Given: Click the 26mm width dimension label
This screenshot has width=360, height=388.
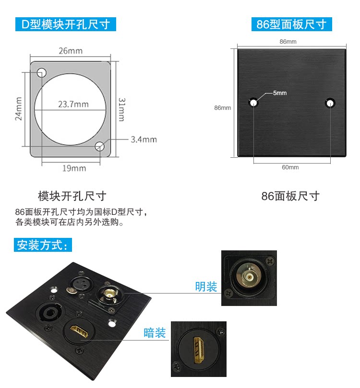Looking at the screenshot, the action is coord(71,51).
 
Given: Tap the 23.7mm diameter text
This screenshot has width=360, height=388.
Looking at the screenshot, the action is coord(73,104).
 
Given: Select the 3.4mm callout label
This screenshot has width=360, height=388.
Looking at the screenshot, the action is coord(144,140).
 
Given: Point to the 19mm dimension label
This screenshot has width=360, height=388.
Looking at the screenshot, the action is coord(74,168).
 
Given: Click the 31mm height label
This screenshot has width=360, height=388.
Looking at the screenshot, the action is coord(122,109).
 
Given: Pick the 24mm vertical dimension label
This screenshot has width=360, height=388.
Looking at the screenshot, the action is coord(19,108).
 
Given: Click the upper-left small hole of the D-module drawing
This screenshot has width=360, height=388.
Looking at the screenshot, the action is coord(42,73).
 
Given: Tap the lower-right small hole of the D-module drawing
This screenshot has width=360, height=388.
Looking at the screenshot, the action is coord(99,146).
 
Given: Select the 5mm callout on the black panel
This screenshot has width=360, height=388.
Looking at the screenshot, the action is coord(280,93).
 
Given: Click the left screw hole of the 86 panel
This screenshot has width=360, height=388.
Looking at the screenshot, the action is coord(253,103).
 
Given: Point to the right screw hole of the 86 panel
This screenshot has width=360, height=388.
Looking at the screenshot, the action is coord(330,103).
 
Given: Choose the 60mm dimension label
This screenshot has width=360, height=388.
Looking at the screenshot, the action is coord(290,167).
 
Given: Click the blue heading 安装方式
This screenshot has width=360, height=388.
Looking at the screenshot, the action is coord(43,245).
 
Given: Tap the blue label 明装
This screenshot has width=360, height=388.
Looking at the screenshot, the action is coord(206,286).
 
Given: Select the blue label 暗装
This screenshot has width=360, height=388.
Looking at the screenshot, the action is coord(155,333).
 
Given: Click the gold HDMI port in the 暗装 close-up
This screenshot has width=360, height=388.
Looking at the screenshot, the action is coord(199,350).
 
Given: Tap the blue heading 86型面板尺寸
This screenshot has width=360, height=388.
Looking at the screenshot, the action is coord(292,24).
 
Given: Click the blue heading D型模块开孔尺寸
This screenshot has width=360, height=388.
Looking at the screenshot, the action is coord(66,24).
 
